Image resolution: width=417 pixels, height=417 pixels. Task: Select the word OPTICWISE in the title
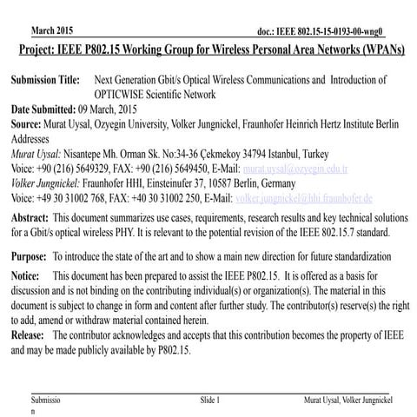(136, 95)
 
